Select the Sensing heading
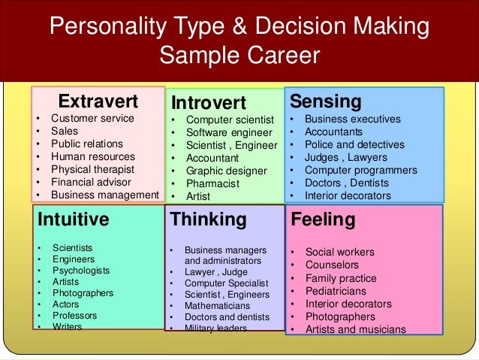326,101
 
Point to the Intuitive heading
72,219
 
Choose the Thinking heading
209,219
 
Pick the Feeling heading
323,219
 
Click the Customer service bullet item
92,118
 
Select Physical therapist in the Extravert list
93,169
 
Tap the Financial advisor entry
91,182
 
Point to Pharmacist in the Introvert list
212,183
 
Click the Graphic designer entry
227,171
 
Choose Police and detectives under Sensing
353,144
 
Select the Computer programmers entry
360,170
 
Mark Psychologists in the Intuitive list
81,270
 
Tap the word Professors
75,316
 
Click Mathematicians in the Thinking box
218,306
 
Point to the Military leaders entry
215,328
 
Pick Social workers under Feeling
339,252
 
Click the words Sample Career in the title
239,56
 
